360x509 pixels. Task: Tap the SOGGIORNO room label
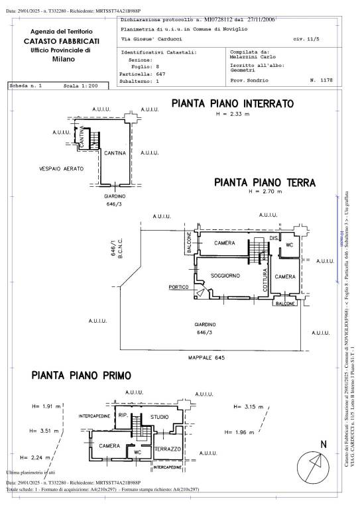click(225, 274)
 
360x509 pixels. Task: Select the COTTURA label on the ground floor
click(265, 281)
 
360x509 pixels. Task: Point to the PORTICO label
click(178, 287)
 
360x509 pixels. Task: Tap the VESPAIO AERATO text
click(61, 169)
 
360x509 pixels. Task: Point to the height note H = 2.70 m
click(265, 192)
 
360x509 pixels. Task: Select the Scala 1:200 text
click(81, 86)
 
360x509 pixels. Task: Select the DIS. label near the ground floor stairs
click(274, 238)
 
